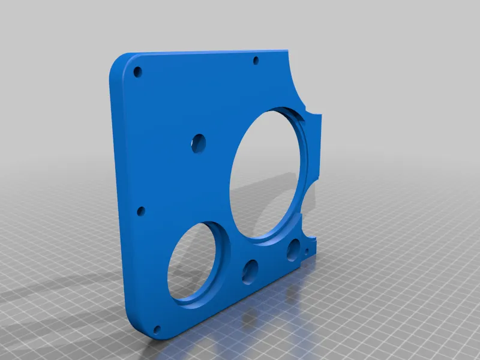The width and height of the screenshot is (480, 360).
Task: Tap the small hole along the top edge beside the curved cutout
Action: coord(256,60)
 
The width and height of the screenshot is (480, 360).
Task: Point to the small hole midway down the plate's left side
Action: coord(141,211)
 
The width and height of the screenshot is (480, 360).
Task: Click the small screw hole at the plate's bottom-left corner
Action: coord(158,329)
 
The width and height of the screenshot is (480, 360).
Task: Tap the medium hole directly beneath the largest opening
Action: coord(294,250)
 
